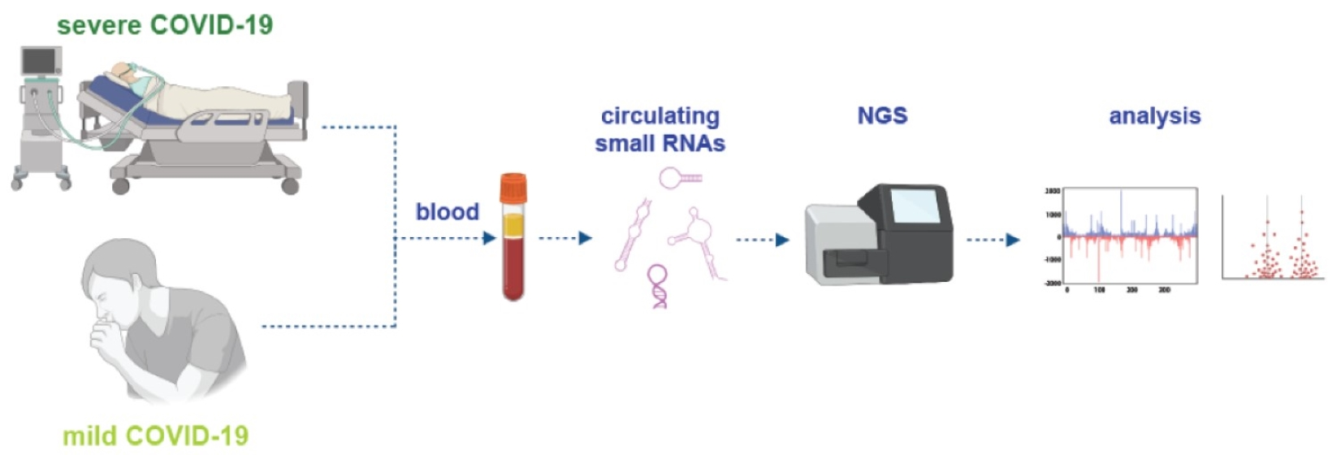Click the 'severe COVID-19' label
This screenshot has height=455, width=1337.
coord(165,24)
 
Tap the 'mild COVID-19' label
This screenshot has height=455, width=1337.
coord(155,435)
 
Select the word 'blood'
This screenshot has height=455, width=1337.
coord(447,212)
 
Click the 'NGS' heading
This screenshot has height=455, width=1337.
coord(882,115)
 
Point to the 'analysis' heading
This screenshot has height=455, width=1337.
coord(1154,116)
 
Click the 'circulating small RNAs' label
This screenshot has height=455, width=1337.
coord(660,130)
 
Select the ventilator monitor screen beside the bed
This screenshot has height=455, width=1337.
coord(40,61)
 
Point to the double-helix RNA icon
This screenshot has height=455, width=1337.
coord(657,286)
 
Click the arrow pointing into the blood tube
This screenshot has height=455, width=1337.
coord(488,238)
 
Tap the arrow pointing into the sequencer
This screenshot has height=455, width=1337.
coord(764,240)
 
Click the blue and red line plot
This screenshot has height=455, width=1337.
coord(1130,236)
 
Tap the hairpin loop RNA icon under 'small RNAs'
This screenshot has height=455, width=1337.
coord(678,176)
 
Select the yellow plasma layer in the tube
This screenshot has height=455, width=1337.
coord(513,226)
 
